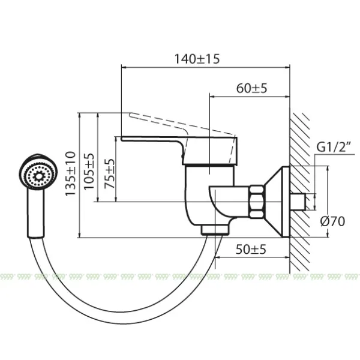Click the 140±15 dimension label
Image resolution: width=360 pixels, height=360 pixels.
(x=197, y=59)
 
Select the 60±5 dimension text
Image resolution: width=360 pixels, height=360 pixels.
(x=251, y=88)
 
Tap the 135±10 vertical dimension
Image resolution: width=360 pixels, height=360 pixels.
(x=71, y=174)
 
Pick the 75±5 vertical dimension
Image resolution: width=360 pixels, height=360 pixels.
(x=109, y=175)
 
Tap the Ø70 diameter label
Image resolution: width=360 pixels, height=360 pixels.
(x=333, y=221)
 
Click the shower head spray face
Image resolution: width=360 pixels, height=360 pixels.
(x=36, y=175)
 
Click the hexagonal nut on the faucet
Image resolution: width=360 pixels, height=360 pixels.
(x=257, y=202)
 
